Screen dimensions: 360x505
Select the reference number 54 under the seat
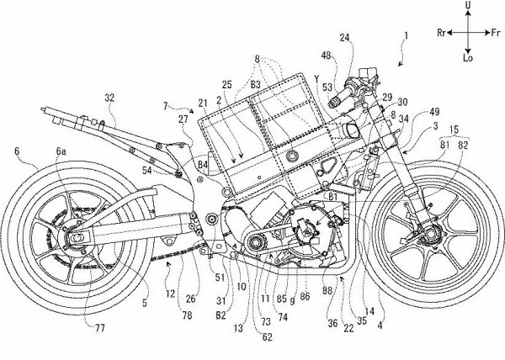click(x=171, y=171)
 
